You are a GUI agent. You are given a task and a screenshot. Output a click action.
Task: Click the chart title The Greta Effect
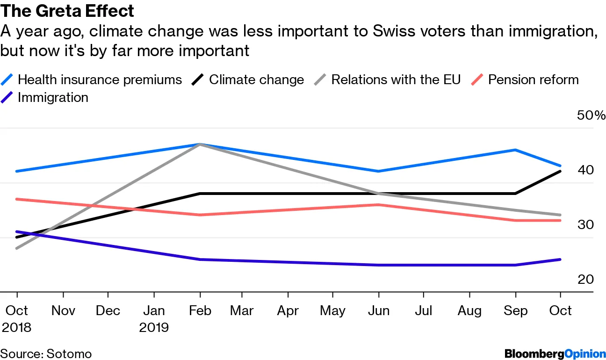click(67, 11)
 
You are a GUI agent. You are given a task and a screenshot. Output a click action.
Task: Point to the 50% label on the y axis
click(591, 115)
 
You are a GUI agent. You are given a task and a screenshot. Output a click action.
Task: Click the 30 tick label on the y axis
click(585, 224)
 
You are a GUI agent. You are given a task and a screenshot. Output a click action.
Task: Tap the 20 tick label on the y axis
click(585, 280)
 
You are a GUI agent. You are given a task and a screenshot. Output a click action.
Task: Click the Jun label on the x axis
click(378, 310)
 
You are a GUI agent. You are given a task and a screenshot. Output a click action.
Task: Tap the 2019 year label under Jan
click(154, 327)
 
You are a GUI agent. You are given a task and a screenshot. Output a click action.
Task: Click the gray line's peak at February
click(200, 144)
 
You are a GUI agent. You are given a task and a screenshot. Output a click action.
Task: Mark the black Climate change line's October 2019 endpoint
click(561, 172)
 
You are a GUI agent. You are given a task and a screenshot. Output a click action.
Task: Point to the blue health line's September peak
click(515, 150)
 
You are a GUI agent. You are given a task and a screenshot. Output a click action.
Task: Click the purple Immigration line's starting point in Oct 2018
click(17, 231)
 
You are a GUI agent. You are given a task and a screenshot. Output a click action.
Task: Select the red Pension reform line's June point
click(378, 205)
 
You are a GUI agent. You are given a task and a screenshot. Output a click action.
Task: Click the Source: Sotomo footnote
click(46, 353)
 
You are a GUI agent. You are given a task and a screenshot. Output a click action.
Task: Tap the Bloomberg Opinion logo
click(554, 353)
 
